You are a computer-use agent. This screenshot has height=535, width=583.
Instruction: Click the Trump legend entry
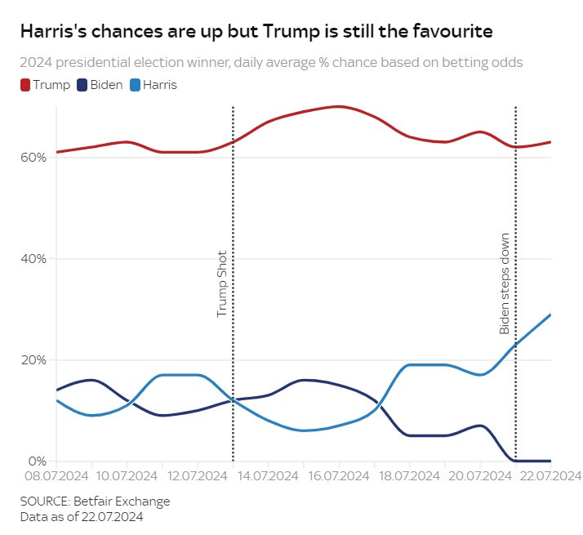coord(46,85)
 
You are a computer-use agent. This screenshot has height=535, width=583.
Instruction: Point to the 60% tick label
coord(33,158)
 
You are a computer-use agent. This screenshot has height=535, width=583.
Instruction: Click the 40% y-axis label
coord(33,259)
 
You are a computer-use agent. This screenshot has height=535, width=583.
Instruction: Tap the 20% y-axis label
coord(33,360)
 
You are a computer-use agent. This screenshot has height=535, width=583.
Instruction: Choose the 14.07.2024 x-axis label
coord(266,476)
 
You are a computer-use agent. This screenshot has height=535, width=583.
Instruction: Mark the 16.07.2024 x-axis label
coord(337,476)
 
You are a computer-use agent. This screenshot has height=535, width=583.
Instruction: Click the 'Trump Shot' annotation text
coord(221,284)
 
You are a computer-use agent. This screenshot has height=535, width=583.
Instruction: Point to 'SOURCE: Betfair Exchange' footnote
coord(96,501)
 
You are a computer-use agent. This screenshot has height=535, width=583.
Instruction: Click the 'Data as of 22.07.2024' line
coord(83,516)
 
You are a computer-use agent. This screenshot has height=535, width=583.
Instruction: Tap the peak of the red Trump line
coord(338,106)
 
